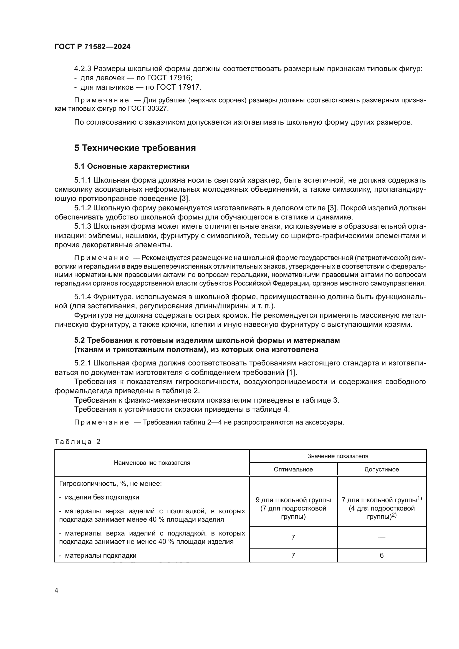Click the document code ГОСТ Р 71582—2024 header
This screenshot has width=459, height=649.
[x=92, y=47]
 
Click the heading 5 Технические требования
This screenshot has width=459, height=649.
[x=135, y=148]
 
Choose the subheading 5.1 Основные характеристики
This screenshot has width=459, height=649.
[x=132, y=166]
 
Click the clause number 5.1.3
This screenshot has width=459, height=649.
[x=82, y=226]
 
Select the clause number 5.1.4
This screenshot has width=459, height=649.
[x=82, y=297]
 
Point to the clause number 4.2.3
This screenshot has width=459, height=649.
[x=82, y=69]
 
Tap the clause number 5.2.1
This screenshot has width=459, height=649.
[x=82, y=363]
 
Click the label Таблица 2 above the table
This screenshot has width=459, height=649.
[x=77, y=442]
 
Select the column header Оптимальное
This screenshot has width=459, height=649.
[x=293, y=469]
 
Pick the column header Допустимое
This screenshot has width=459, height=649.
[x=381, y=469]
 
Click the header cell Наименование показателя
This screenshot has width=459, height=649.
[x=152, y=463]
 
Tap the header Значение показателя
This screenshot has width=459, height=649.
[x=337, y=456]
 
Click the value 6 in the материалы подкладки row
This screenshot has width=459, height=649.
[x=381, y=555]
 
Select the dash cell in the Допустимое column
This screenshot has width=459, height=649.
[x=381, y=537]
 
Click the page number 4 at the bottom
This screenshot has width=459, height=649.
[x=56, y=590]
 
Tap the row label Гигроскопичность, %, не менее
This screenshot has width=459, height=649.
[x=110, y=484]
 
